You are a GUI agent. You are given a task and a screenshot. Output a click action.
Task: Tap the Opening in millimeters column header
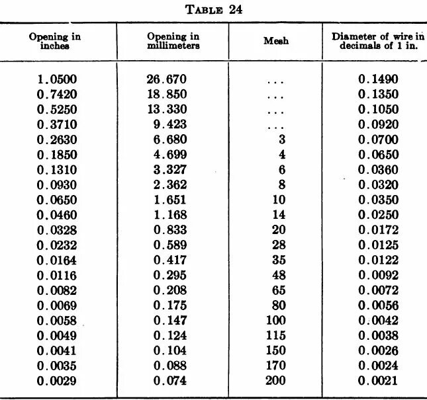pos(173,41)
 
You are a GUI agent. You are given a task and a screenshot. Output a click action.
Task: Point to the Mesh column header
pos(276,42)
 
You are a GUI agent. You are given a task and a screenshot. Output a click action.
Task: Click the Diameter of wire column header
pos(377,41)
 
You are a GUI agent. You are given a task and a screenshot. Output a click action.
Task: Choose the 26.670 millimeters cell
pos(167,79)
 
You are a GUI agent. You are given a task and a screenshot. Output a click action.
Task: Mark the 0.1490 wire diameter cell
pos(379,79)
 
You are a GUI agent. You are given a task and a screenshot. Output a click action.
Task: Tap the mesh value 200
pos(275,381)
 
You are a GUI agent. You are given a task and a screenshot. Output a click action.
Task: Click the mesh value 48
pos(278,275)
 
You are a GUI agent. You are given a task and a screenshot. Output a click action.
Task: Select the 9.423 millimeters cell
pos(170,124)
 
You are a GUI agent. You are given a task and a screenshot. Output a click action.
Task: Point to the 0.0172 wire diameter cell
pos(379,230)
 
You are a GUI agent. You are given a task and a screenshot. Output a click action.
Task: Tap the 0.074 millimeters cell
pos(170,381)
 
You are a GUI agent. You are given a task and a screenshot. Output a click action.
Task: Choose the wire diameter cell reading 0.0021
pos(379,381)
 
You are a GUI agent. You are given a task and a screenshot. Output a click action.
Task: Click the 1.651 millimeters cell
pos(170,200)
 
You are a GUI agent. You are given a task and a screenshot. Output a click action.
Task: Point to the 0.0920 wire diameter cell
pos(379,124)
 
